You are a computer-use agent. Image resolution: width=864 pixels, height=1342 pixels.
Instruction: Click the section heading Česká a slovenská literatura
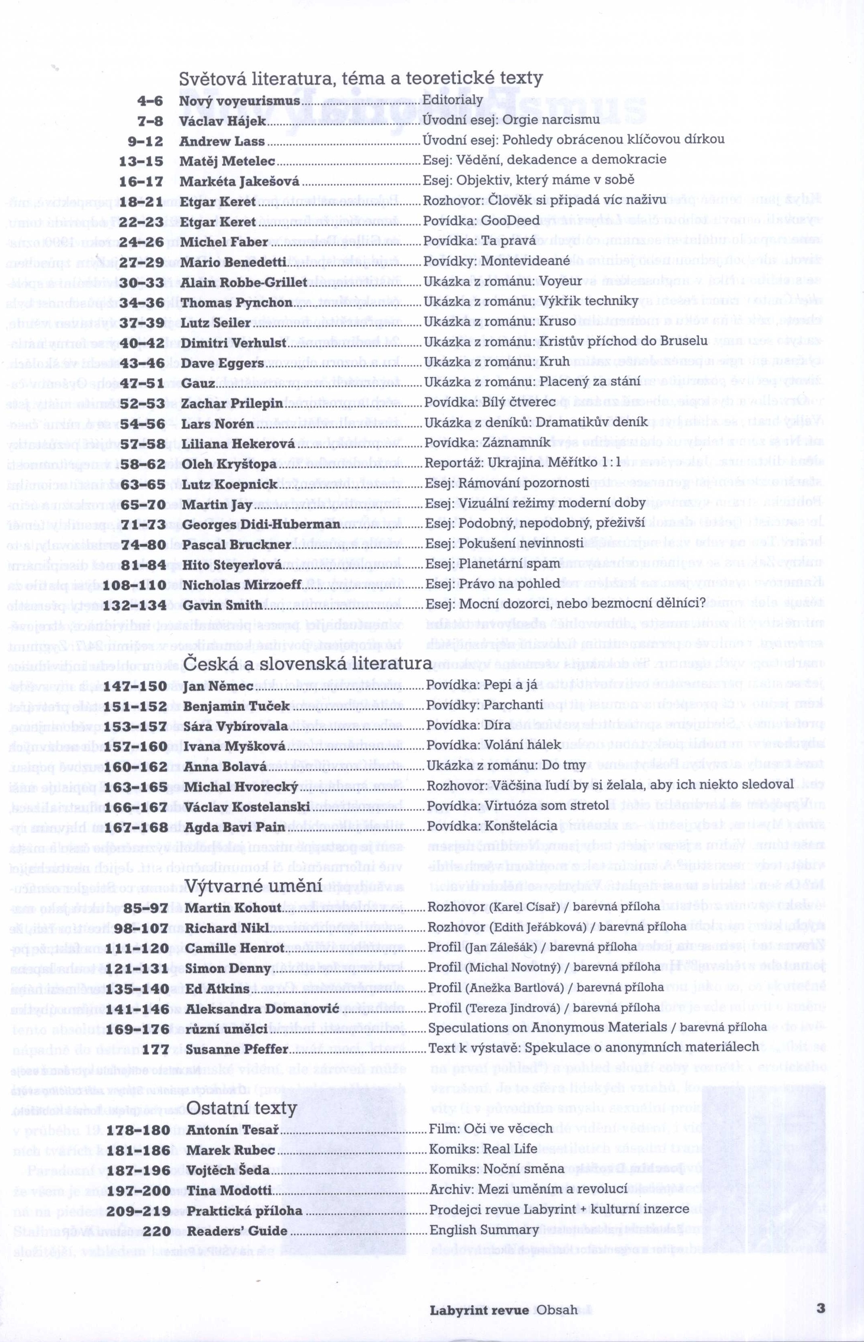(x=308, y=663)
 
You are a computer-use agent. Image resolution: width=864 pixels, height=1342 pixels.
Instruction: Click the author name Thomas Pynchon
(x=236, y=302)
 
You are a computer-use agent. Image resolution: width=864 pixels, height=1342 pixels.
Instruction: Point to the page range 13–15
(x=141, y=161)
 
